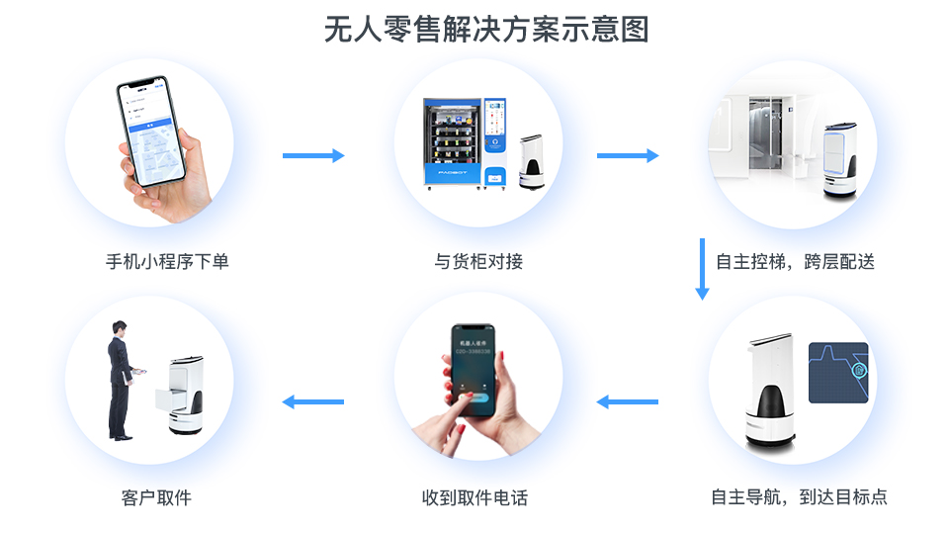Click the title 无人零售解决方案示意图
[485, 30]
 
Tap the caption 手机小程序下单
[167, 262]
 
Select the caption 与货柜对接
[478, 262]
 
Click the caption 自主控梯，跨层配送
[795, 262]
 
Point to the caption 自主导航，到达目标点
[799, 497]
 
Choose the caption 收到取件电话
[474, 497]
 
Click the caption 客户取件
[156, 497]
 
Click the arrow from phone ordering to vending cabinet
[313, 155]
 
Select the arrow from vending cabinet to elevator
[628, 155]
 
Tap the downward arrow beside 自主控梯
[703, 268]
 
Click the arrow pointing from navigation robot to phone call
[628, 401]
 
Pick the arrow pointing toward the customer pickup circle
[313, 401]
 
